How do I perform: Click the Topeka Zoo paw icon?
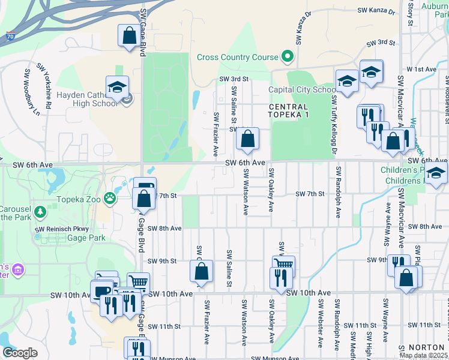point(110,197)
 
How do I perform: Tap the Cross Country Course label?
point(237,58)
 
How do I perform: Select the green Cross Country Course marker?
point(287,57)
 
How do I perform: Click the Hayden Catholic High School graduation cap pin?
point(117,86)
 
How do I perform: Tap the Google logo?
point(20,352)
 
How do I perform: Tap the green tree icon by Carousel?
point(40,211)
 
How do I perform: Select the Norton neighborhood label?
point(426,347)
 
